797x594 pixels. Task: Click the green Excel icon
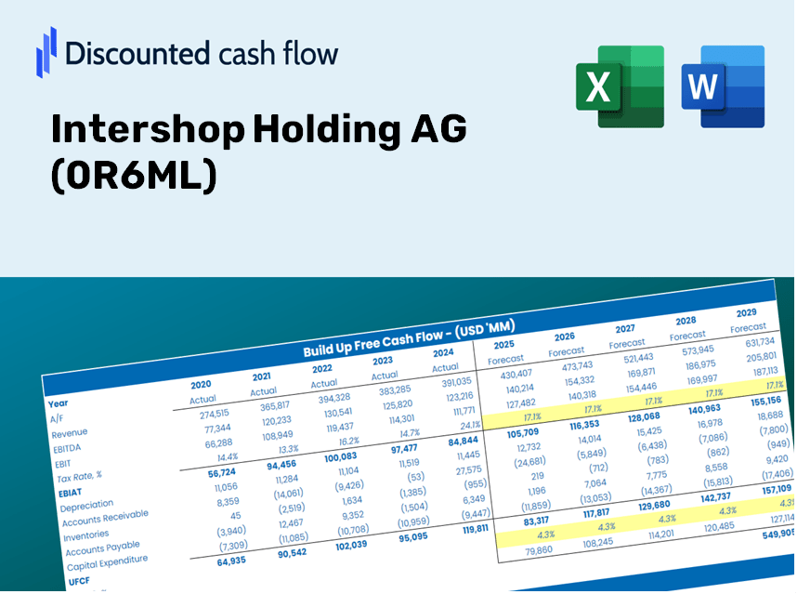(620, 86)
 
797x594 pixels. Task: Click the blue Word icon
(723, 86)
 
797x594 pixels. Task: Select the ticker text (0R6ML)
(134, 176)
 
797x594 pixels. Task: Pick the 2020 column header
(201, 384)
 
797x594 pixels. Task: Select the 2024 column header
(444, 352)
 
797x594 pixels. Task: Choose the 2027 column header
(625, 328)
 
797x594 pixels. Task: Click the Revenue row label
(70, 433)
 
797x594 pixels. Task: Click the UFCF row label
(78, 581)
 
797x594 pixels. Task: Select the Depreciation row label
(86, 507)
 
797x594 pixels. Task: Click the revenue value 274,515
(208, 414)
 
